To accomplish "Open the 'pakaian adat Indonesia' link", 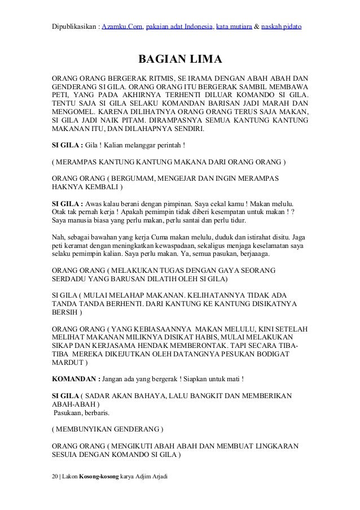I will [x=178, y=26].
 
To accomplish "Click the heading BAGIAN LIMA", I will [x=180, y=60].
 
